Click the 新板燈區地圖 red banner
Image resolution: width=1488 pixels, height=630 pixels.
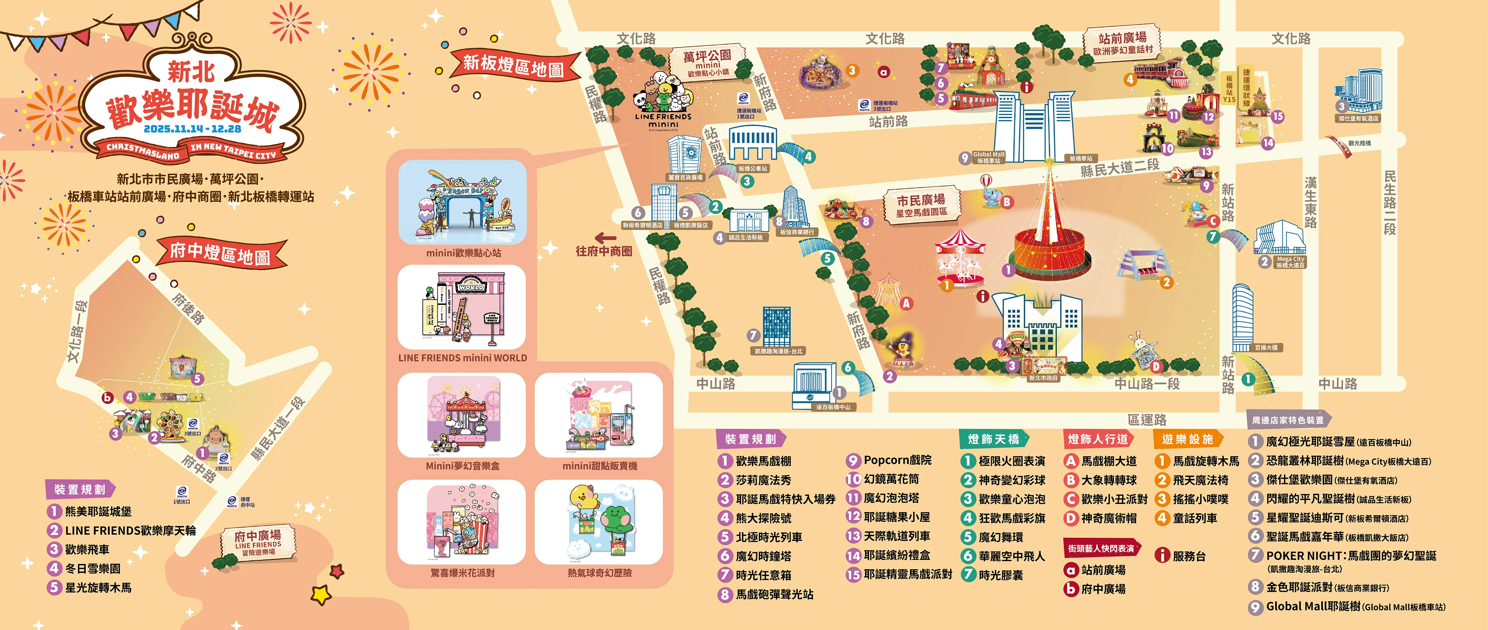[x=513, y=65]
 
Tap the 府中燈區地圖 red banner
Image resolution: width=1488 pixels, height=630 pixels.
[x=220, y=253]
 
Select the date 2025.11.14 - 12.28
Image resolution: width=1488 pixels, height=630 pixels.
[x=192, y=128]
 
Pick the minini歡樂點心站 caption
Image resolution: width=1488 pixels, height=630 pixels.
[x=463, y=253]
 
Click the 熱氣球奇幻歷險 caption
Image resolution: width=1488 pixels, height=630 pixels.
[x=599, y=573]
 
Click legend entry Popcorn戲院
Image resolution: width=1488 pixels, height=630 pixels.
[x=897, y=460]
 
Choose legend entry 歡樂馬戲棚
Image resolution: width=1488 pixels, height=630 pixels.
[x=763, y=461]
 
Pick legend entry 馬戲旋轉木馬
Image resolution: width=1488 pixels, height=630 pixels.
[x=1205, y=461]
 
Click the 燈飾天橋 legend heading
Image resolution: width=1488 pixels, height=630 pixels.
[x=994, y=439]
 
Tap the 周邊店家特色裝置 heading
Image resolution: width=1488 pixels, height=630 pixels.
[x=1287, y=420]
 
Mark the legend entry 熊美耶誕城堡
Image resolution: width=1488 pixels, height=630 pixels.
[x=97, y=511]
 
